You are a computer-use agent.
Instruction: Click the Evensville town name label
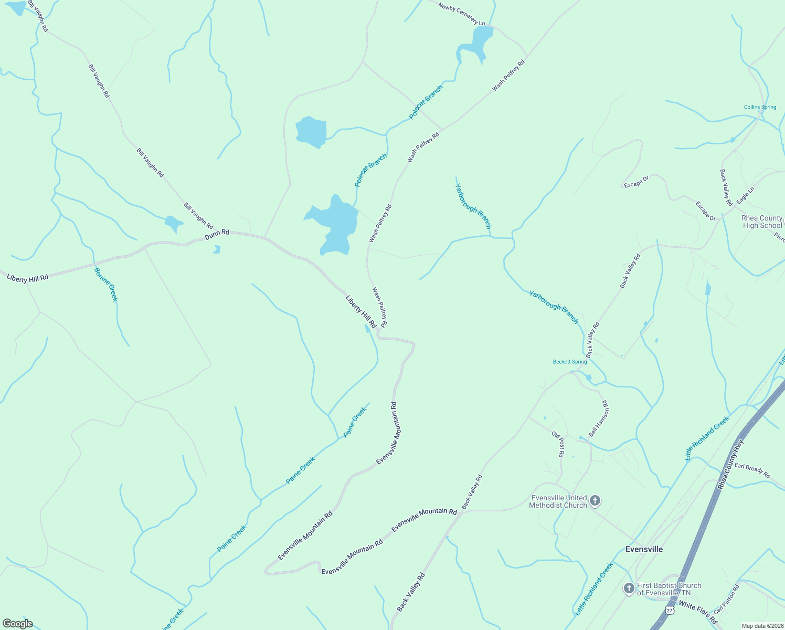tap(644, 549)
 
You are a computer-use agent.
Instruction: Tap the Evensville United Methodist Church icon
tap(595, 501)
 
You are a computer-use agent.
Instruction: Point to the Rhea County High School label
tap(762, 222)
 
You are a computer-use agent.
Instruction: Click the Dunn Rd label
tap(217, 235)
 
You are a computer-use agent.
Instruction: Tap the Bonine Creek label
tap(106, 284)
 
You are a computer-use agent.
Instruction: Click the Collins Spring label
tap(760, 107)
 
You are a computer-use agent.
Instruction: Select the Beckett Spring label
tap(570, 362)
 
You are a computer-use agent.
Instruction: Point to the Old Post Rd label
tap(558, 444)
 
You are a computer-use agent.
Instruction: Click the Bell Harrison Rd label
tap(599, 419)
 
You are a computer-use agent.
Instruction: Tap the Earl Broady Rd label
tap(752, 470)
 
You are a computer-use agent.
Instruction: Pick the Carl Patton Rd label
tap(726, 599)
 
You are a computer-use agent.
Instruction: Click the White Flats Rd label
tap(698, 613)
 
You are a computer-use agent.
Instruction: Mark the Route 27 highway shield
tap(670, 610)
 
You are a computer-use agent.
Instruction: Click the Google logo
tap(18, 623)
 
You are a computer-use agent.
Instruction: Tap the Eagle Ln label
tap(745, 195)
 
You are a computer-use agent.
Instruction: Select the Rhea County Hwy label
tap(730, 465)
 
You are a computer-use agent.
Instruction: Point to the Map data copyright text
tap(761, 626)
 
